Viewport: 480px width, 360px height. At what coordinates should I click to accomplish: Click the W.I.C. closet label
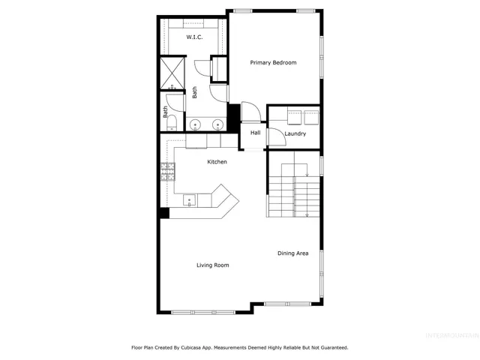point(193,37)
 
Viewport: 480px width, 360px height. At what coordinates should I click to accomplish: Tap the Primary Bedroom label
point(273,63)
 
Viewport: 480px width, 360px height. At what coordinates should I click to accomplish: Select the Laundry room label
point(295,133)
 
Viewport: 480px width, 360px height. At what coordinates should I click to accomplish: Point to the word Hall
point(256,133)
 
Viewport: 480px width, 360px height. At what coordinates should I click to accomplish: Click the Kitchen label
point(217,162)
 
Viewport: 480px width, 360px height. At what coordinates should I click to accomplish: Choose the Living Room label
point(213,265)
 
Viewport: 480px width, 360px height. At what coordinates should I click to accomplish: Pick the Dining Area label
point(293,253)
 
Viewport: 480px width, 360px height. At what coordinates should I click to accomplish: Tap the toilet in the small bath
point(171,121)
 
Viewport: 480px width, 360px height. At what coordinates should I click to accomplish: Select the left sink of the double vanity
point(195,124)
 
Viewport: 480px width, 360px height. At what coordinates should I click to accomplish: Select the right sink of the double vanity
point(217,124)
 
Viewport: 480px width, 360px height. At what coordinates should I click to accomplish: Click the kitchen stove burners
point(166,172)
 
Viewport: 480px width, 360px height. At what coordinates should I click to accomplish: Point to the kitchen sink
point(189,200)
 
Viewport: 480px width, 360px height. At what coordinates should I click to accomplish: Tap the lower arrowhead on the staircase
point(307,215)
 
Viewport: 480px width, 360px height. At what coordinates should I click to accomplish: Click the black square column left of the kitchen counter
point(163,213)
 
